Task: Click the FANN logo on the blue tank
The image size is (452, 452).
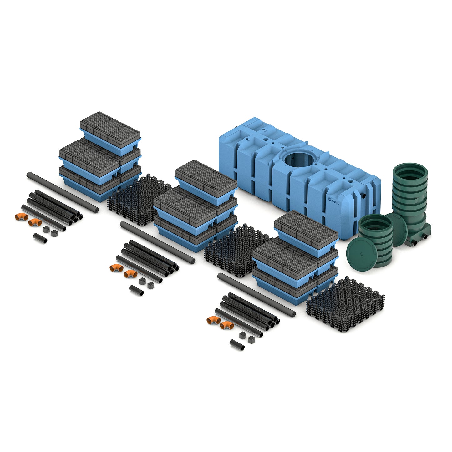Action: (x=333, y=201)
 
